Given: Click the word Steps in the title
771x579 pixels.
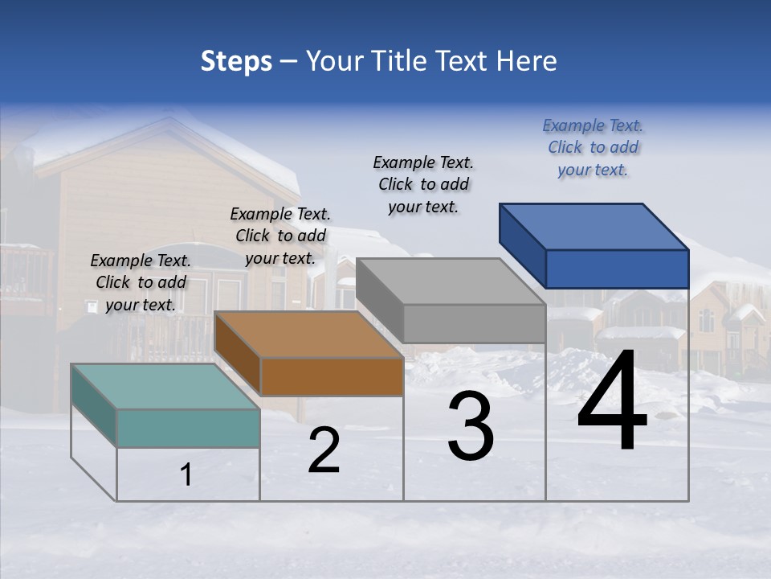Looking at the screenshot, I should click(x=236, y=61).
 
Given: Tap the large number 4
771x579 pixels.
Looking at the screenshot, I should click(x=612, y=402).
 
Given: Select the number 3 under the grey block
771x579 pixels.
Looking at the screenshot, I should click(x=471, y=426).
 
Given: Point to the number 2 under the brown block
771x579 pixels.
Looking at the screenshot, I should click(x=324, y=450).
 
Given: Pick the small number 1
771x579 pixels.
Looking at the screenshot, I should click(x=186, y=475).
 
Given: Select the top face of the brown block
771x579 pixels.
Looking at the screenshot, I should click(x=308, y=335).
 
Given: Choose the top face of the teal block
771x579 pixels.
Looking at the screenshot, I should click(x=165, y=387).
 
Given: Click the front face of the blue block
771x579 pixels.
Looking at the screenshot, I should click(x=617, y=269).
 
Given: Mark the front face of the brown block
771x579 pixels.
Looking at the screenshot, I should click(x=332, y=376).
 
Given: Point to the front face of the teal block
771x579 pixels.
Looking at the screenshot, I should click(x=188, y=428).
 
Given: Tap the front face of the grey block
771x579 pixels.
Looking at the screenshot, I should click(x=474, y=323).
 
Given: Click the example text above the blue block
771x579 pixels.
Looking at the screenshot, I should click(x=593, y=147).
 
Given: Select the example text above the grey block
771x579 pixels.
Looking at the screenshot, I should click(x=423, y=184).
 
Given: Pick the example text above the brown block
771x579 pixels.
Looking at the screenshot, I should click(x=280, y=236).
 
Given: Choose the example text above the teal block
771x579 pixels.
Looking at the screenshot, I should click(x=141, y=282).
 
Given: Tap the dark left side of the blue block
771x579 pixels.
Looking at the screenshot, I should click(x=522, y=244).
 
